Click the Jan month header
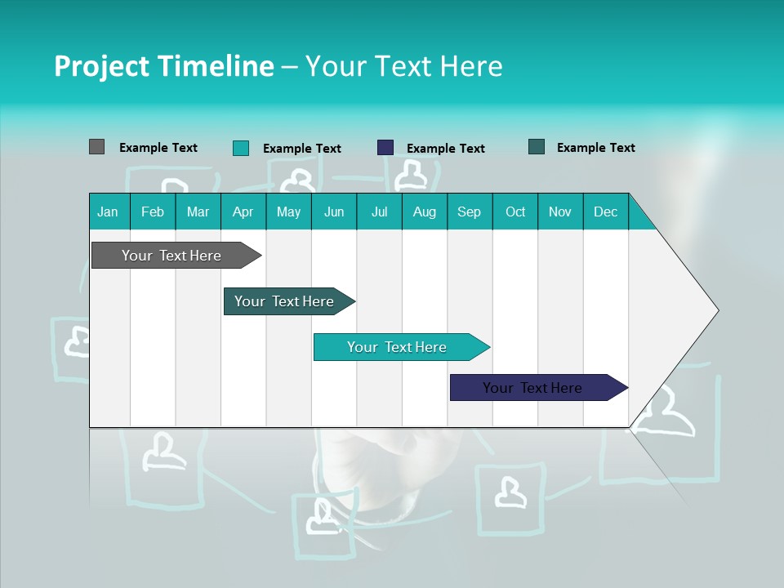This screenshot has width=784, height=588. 108,212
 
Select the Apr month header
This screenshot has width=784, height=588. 243,212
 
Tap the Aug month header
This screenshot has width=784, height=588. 425,212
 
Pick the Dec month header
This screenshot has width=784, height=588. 605,212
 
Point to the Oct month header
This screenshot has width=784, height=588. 515,212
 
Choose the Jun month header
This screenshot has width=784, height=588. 334,212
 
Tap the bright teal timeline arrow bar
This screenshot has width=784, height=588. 398,347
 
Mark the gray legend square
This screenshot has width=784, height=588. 96,147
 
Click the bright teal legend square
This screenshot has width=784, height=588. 241,148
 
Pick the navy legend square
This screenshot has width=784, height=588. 385,148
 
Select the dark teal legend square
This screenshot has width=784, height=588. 537,147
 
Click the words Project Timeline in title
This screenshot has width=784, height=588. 163,66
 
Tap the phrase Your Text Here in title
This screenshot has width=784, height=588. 403,66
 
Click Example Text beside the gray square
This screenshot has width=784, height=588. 158,148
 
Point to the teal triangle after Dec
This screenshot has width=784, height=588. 640,217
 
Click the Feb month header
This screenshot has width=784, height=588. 153,212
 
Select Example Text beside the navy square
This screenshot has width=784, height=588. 446,149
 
